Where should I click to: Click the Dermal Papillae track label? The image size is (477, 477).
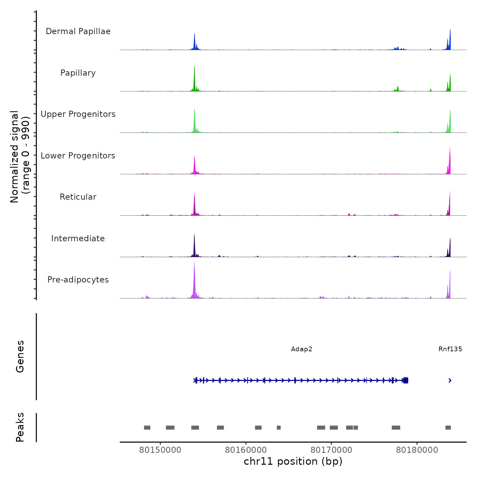78,31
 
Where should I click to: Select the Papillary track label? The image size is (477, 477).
78,73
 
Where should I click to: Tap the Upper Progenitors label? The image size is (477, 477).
78,114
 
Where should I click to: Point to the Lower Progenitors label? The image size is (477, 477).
78,156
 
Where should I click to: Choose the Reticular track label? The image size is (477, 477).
78,197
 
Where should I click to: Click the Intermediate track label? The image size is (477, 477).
78,238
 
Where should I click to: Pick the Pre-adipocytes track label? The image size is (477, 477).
78,280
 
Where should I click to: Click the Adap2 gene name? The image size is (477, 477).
302,349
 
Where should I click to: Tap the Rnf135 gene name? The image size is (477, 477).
450,349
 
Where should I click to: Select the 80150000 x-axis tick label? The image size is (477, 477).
160,450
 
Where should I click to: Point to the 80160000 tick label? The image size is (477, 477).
246,450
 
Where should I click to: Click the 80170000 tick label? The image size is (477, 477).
331,450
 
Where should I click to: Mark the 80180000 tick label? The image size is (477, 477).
417,450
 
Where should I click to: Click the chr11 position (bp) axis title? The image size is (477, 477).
293,461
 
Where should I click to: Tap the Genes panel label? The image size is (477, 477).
20,356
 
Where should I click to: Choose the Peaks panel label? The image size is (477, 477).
20,427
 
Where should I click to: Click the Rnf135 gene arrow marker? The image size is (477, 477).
450,380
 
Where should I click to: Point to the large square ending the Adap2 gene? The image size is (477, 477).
405,380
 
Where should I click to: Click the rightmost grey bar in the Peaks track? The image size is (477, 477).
448,428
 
